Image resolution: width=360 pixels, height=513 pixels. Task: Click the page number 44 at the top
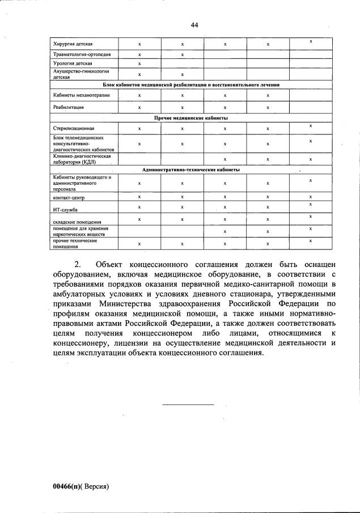194,24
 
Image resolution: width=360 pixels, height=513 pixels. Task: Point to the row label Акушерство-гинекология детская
81,74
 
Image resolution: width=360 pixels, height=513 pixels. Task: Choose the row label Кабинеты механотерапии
78,95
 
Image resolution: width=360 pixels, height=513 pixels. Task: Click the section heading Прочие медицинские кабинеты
191,118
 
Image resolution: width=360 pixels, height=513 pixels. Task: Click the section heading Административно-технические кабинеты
191,169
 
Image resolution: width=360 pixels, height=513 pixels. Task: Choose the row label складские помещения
73,222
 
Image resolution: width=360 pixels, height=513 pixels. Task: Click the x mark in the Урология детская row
139,63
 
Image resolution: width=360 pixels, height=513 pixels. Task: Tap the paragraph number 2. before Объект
78,265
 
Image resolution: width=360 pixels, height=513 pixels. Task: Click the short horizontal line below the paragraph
188,404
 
